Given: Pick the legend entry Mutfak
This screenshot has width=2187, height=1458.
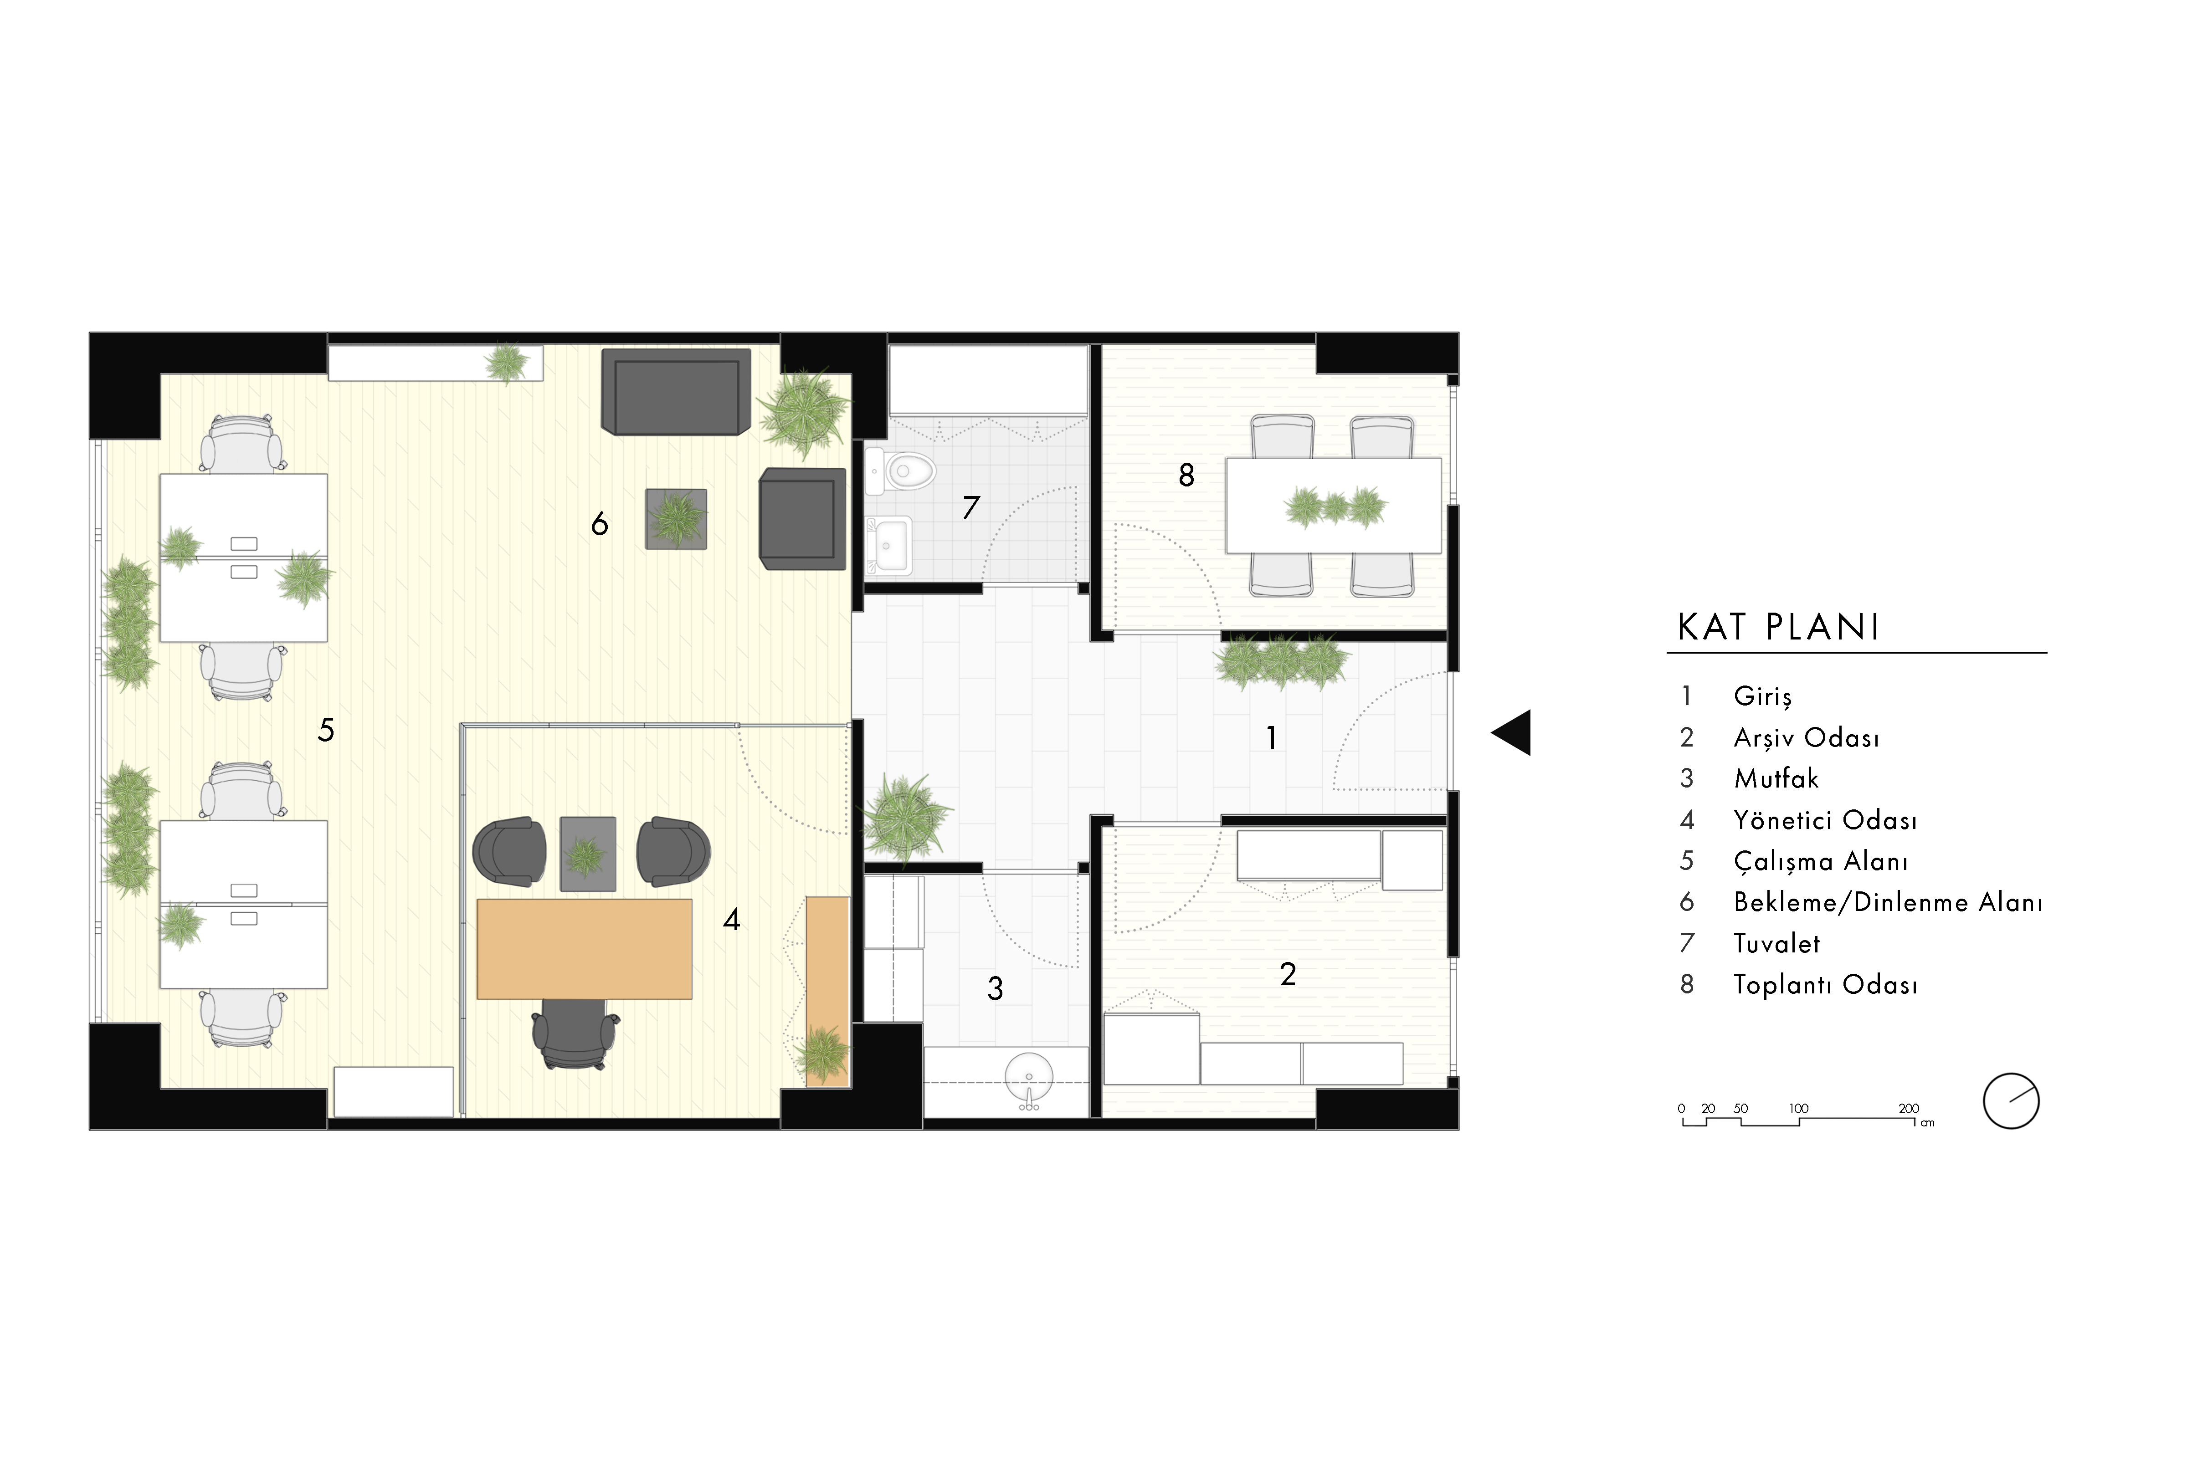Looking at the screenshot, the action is click(x=1776, y=778).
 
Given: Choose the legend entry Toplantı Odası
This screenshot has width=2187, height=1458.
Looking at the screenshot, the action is click(x=1825, y=985).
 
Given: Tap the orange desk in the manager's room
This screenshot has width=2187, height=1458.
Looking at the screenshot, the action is click(x=584, y=948).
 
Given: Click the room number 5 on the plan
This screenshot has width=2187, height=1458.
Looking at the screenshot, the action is click(x=325, y=730).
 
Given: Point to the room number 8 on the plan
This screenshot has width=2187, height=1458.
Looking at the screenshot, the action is click(x=1186, y=475).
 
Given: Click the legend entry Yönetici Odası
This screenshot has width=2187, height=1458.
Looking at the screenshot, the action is click(x=1825, y=820).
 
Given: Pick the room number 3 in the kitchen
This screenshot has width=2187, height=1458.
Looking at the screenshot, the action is click(x=995, y=988).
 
